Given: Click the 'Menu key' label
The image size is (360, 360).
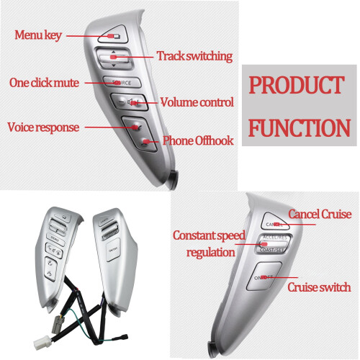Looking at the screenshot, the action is click(x=38, y=35).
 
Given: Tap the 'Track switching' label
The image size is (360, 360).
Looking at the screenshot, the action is click(x=194, y=56).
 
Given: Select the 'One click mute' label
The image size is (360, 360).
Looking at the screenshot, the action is click(x=44, y=83).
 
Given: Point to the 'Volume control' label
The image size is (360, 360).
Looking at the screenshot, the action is click(x=197, y=102).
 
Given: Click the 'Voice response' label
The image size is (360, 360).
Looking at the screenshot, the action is click(x=43, y=127).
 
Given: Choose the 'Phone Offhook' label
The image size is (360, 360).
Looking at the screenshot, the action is click(x=198, y=140).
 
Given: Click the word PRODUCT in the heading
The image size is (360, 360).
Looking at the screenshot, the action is click(x=297, y=85).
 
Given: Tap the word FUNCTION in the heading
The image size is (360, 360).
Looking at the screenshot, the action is click(x=300, y=128).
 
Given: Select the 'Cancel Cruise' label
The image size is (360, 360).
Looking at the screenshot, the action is click(x=320, y=214).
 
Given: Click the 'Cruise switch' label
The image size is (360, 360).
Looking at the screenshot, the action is click(x=319, y=287).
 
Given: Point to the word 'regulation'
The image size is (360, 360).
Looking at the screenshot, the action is click(x=211, y=253).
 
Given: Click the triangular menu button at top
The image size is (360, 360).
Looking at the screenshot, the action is click(x=114, y=35).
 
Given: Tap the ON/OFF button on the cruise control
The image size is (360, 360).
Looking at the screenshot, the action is click(x=264, y=276).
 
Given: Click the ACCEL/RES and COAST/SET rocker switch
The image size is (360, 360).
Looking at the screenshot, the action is click(x=273, y=243).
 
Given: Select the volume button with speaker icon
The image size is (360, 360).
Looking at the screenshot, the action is click(x=130, y=102).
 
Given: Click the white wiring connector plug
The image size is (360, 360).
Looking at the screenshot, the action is click(x=42, y=343).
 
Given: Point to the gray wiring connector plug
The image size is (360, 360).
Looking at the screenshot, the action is click(x=58, y=325).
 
